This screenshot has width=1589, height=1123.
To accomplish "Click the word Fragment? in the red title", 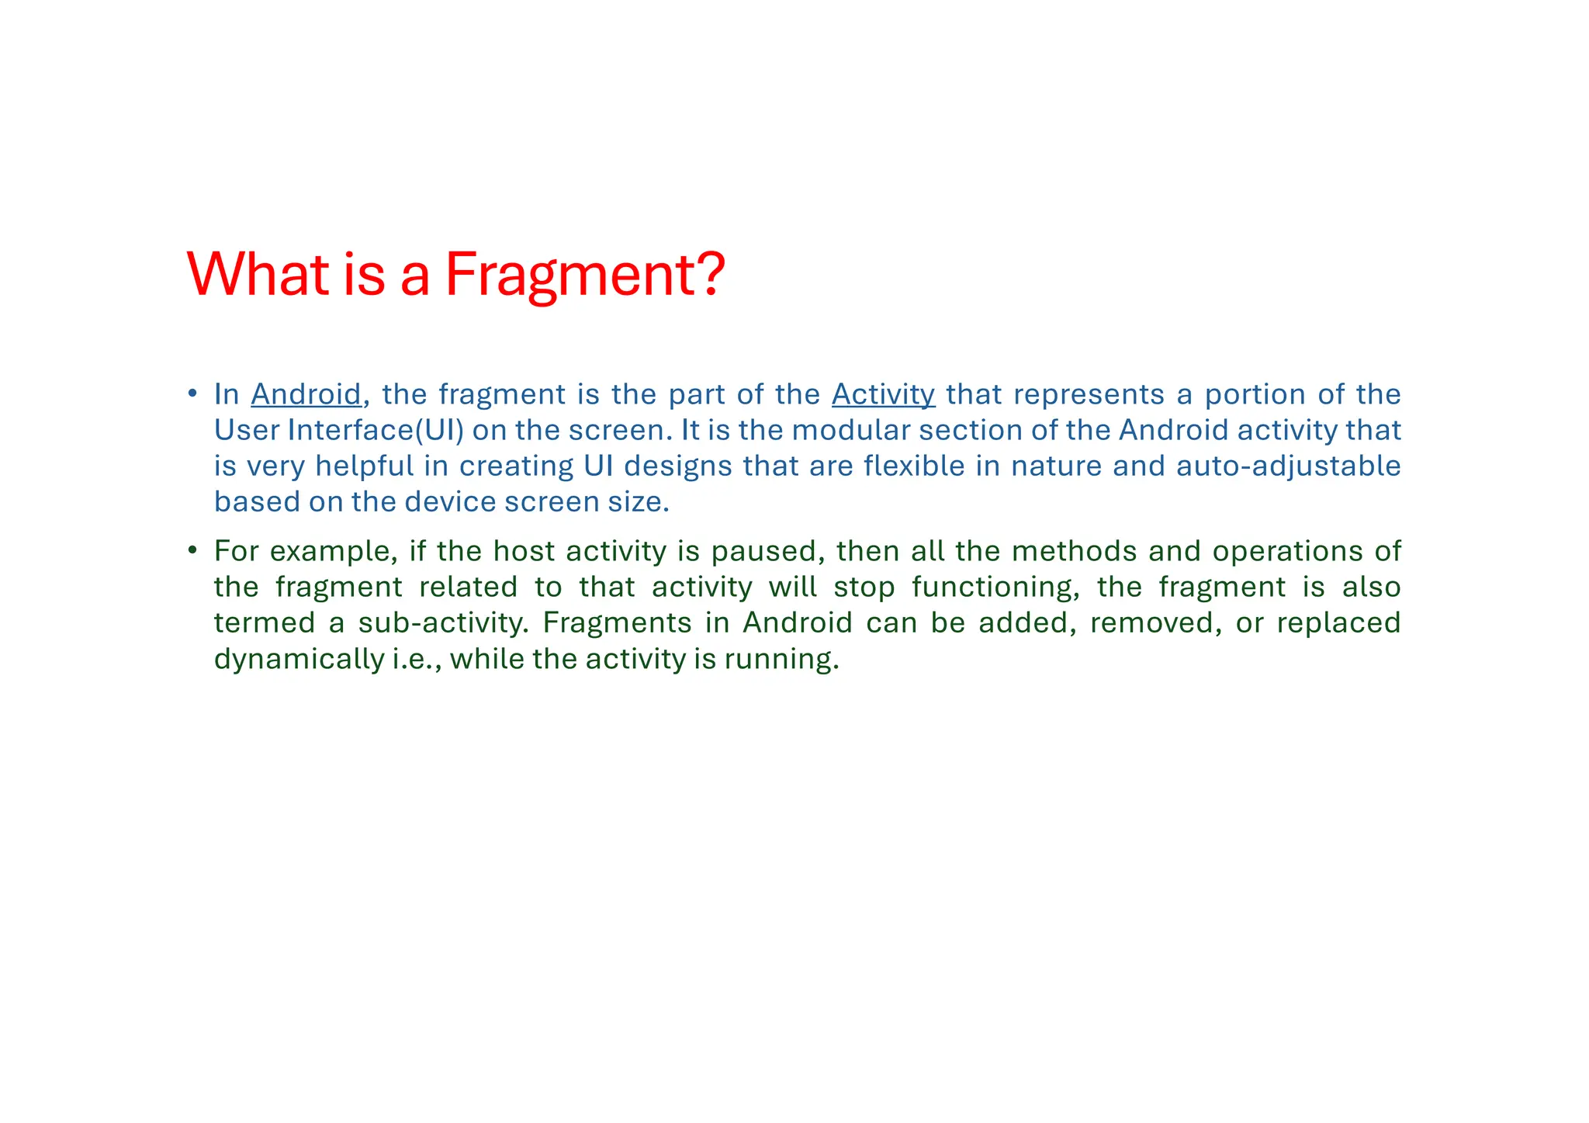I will click(x=585, y=275).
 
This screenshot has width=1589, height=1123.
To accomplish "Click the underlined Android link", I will click(x=306, y=394).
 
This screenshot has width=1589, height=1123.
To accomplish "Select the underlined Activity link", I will click(x=883, y=394).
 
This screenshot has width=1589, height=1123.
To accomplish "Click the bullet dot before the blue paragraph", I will click(x=192, y=393).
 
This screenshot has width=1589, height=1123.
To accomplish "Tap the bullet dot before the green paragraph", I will click(x=192, y=550).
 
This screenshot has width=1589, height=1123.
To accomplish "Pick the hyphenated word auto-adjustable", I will click(x=1288, y=466).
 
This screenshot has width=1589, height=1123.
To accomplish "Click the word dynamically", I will click(x=299, y=659).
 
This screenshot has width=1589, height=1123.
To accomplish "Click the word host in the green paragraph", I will click(x=524, y=551).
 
